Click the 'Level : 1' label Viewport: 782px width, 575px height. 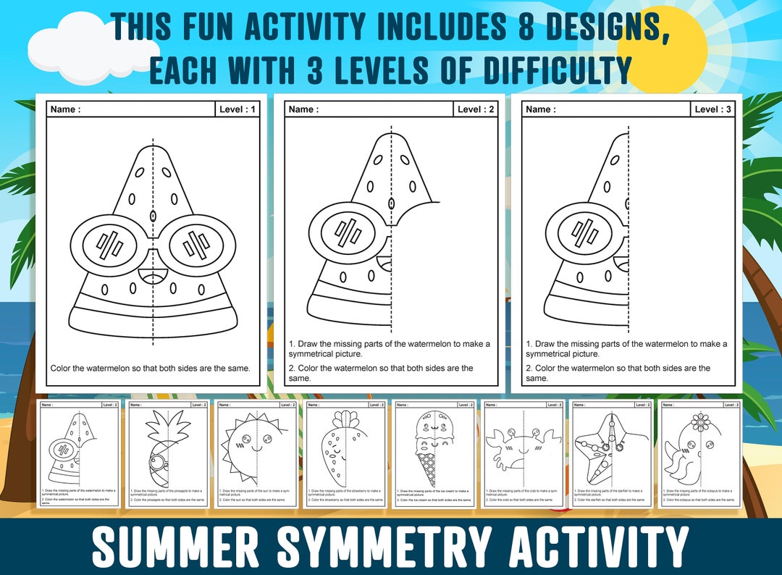point(236,109)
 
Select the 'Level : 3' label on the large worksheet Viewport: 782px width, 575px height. point(712,109)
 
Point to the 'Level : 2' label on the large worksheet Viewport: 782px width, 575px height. point(476,109)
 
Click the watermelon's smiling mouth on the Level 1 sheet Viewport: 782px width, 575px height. point(154,276)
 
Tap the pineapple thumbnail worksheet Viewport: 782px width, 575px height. point(169,453)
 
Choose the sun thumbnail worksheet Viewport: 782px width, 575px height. point(257,453)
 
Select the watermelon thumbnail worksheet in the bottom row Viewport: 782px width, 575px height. point(80,453)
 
